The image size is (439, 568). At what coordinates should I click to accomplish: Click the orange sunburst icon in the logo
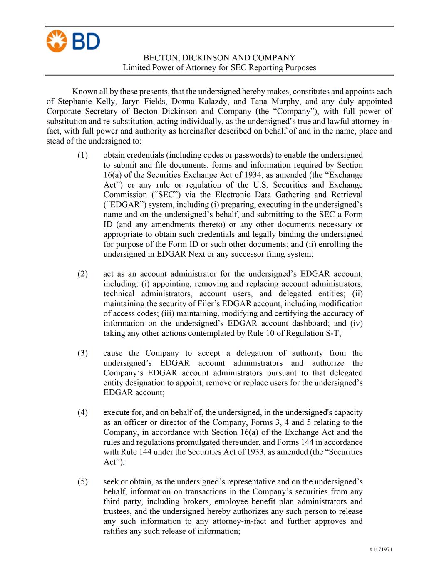point(56,41)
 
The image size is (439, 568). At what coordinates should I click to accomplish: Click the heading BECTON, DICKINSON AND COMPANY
point(219,57)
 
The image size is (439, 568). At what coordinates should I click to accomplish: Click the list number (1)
point(82,155)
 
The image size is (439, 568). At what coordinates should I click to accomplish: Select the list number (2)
point(82,274)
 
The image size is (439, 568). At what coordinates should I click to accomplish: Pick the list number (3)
point(82,353)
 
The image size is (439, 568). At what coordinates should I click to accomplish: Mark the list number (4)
point(82,413)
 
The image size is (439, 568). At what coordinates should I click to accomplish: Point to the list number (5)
point(82,482)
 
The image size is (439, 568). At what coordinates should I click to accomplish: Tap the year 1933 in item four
point(255,452)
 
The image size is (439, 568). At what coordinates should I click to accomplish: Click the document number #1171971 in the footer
point(380,550)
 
